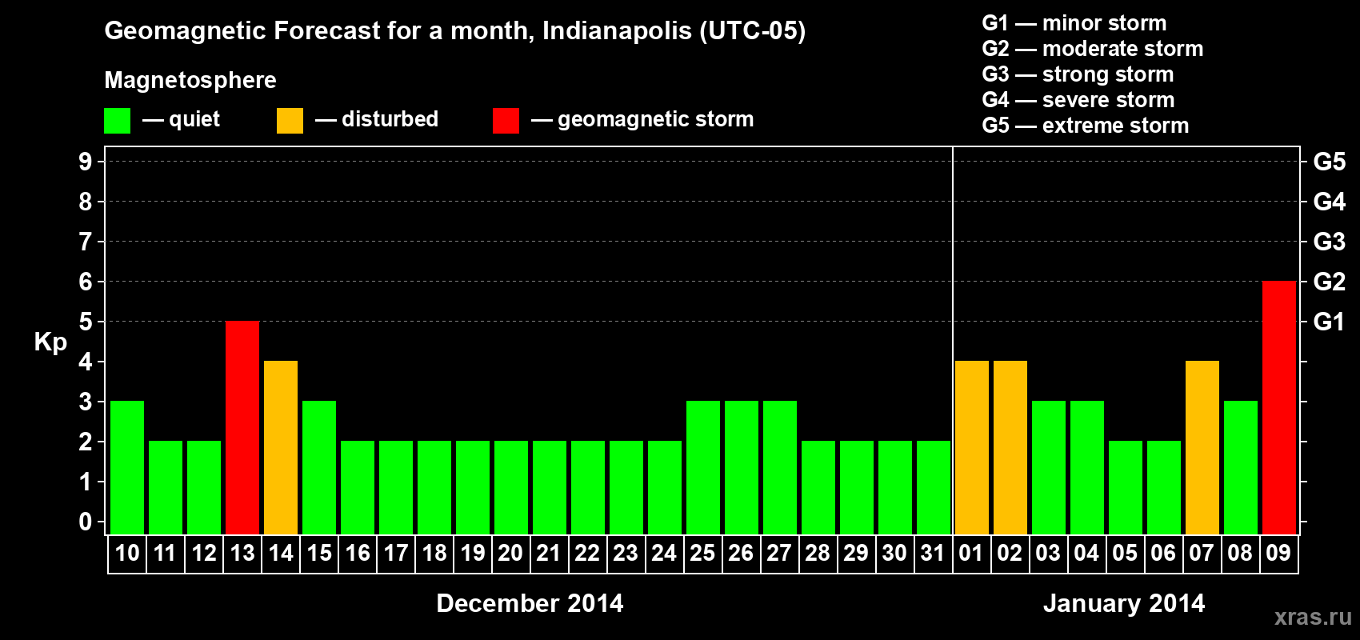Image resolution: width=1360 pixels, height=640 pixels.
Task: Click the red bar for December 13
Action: tap(242, 427)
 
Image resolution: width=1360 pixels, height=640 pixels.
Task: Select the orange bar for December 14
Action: tap(281, 447)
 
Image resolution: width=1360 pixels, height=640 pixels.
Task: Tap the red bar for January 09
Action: tap(1278, 407)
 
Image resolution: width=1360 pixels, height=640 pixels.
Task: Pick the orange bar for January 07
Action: tap(1202, 447)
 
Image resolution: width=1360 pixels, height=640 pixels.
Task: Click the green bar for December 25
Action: tap(703, 467)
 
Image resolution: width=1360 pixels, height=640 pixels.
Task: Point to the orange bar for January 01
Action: tap(971, 447)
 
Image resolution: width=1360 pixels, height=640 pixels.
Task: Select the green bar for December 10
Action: tap(127, 467)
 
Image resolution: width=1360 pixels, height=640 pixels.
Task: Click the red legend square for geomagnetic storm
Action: tap(506, 121)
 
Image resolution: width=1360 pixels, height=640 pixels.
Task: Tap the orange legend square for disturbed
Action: tap(290, 121)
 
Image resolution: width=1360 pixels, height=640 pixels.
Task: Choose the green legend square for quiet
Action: tap(117, 121)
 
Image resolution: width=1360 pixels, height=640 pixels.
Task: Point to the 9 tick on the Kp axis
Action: tap(86, 162)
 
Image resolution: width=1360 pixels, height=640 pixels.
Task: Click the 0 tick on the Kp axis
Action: tap(86, 522)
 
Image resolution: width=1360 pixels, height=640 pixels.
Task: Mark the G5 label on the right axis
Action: tap(1329, 162)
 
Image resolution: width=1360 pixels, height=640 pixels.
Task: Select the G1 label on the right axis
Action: tap(1329, 322)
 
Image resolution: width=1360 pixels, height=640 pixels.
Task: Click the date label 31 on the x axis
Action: tap(933, 553)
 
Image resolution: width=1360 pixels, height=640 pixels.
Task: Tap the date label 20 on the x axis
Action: tap(510, 553)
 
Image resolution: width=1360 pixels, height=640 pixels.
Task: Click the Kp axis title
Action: tap(50, 342)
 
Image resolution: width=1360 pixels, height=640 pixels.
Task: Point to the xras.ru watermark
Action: tap(1313, 617)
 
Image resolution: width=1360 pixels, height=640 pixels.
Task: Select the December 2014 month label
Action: tap(530, 603)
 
